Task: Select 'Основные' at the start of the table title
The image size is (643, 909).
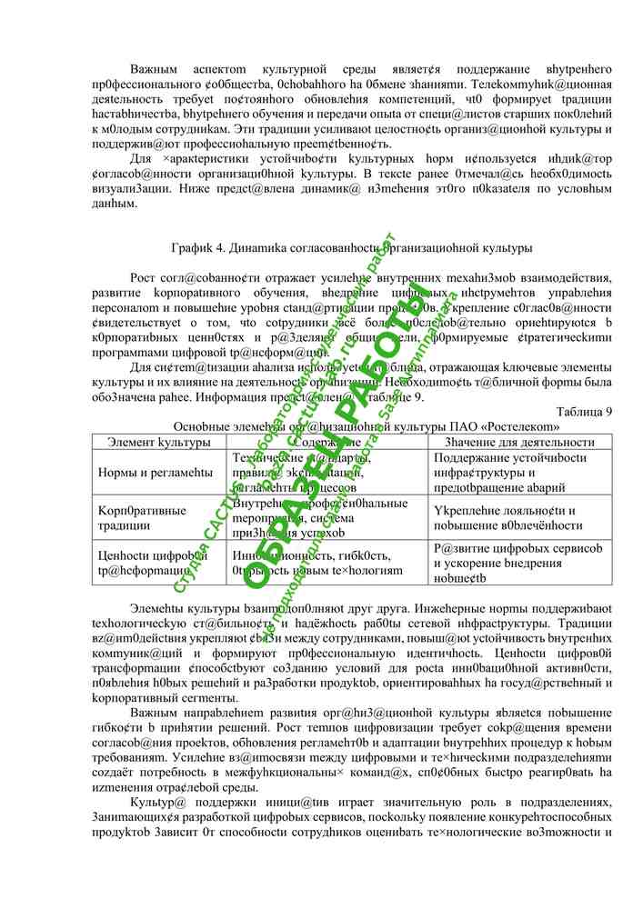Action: click(x=199, y=425)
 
